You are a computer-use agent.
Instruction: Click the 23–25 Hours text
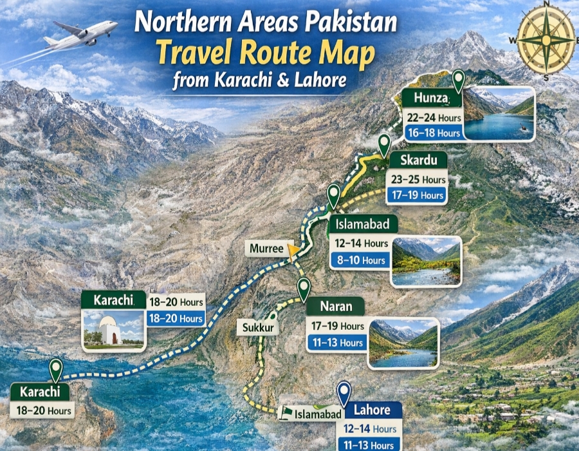(x=418, y=180)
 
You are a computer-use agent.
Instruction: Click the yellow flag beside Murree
(x=294, y=251)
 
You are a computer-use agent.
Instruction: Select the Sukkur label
(x=258, y=328)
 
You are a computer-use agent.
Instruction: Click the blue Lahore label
(x=371, y=410)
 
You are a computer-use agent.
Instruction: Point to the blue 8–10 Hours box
(x=360, y=260)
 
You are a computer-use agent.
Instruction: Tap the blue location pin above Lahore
(x=344, y=392)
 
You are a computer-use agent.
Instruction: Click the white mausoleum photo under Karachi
(x=113, y=329)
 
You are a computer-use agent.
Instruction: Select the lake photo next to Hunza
(x=498, y=113)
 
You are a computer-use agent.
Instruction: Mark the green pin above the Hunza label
(x=458, y=81)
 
